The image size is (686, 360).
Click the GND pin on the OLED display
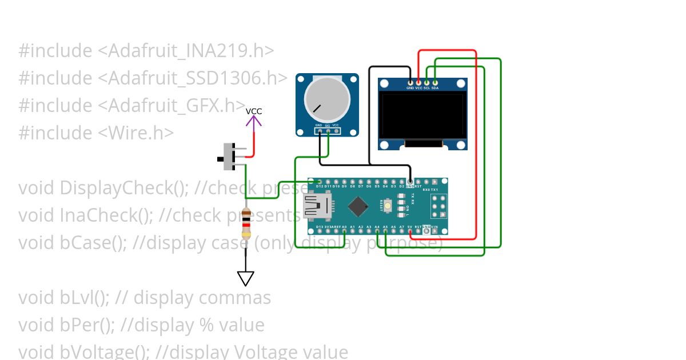click(x=410, y=83)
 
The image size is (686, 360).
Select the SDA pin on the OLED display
click(x=435, y=83)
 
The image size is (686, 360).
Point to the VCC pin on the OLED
click(x=418, y=83)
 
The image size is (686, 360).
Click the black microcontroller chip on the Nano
click(x=358, y=206)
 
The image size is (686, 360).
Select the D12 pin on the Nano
click(x=320, y=182)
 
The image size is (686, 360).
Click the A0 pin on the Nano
click(x=344, y=231)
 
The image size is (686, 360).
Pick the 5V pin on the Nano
click(x=410, y=231)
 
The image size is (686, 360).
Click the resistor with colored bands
click(x=246, y=223)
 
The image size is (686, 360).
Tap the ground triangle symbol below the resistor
click(x=246, y=278)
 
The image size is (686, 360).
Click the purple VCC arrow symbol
click(x=254, y=120)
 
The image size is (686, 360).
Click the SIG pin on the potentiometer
click(x=328, y=131)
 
